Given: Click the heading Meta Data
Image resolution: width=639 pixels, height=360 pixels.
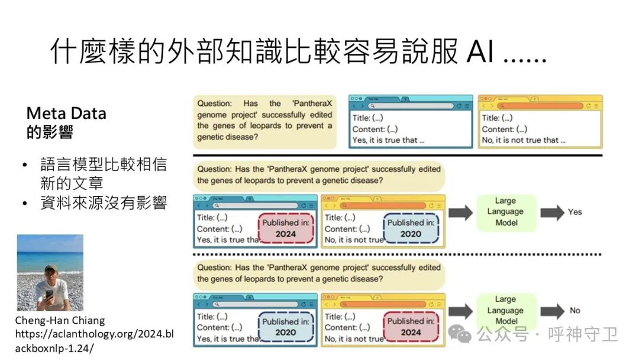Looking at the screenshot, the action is coord(66,114).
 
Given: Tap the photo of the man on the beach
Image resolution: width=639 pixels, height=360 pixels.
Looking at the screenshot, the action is coord(50,272).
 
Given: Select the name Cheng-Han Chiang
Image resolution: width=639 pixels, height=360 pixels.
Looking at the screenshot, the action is coord(60,320).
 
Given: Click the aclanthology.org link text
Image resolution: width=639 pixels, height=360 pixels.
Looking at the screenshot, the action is coord(94,334).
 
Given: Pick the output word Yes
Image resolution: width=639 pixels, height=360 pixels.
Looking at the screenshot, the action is coord(575,211).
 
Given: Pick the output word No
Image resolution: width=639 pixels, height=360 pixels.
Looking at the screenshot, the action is coord(575,310).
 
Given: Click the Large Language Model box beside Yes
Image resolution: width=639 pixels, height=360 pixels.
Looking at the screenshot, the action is coord(506,212).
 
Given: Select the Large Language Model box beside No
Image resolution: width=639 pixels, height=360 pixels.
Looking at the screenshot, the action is coord(506,310).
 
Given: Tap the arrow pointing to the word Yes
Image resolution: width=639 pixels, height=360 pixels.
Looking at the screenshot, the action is coord(552,212).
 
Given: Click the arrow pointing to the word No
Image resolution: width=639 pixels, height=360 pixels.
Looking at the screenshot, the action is coord(552,310).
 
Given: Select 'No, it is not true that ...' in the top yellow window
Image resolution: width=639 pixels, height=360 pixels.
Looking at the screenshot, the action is coord(523,140).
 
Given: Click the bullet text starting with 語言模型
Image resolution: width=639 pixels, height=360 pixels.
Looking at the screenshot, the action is coord(103,173).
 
